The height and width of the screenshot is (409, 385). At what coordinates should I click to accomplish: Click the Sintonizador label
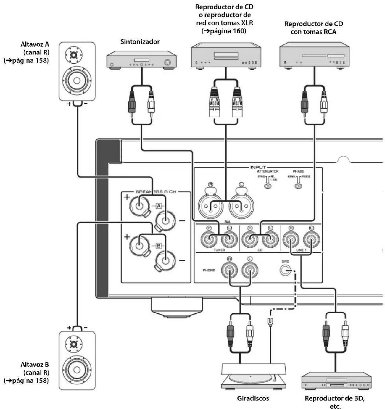point(140,42)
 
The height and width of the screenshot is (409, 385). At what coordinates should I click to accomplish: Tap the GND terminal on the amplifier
point(285,270)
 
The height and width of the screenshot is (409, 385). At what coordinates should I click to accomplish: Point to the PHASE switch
point(298,186)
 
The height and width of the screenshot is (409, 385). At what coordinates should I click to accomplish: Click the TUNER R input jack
point(209,239)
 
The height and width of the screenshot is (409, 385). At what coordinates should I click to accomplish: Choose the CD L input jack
point(270,239)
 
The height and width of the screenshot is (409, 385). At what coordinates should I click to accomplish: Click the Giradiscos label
point(253,398)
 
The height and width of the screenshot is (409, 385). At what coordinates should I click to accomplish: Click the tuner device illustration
point(141,60)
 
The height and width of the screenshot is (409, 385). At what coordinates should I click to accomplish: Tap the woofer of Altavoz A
point(77,80)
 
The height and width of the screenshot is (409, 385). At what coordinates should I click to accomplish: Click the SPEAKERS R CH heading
point(156,192)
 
